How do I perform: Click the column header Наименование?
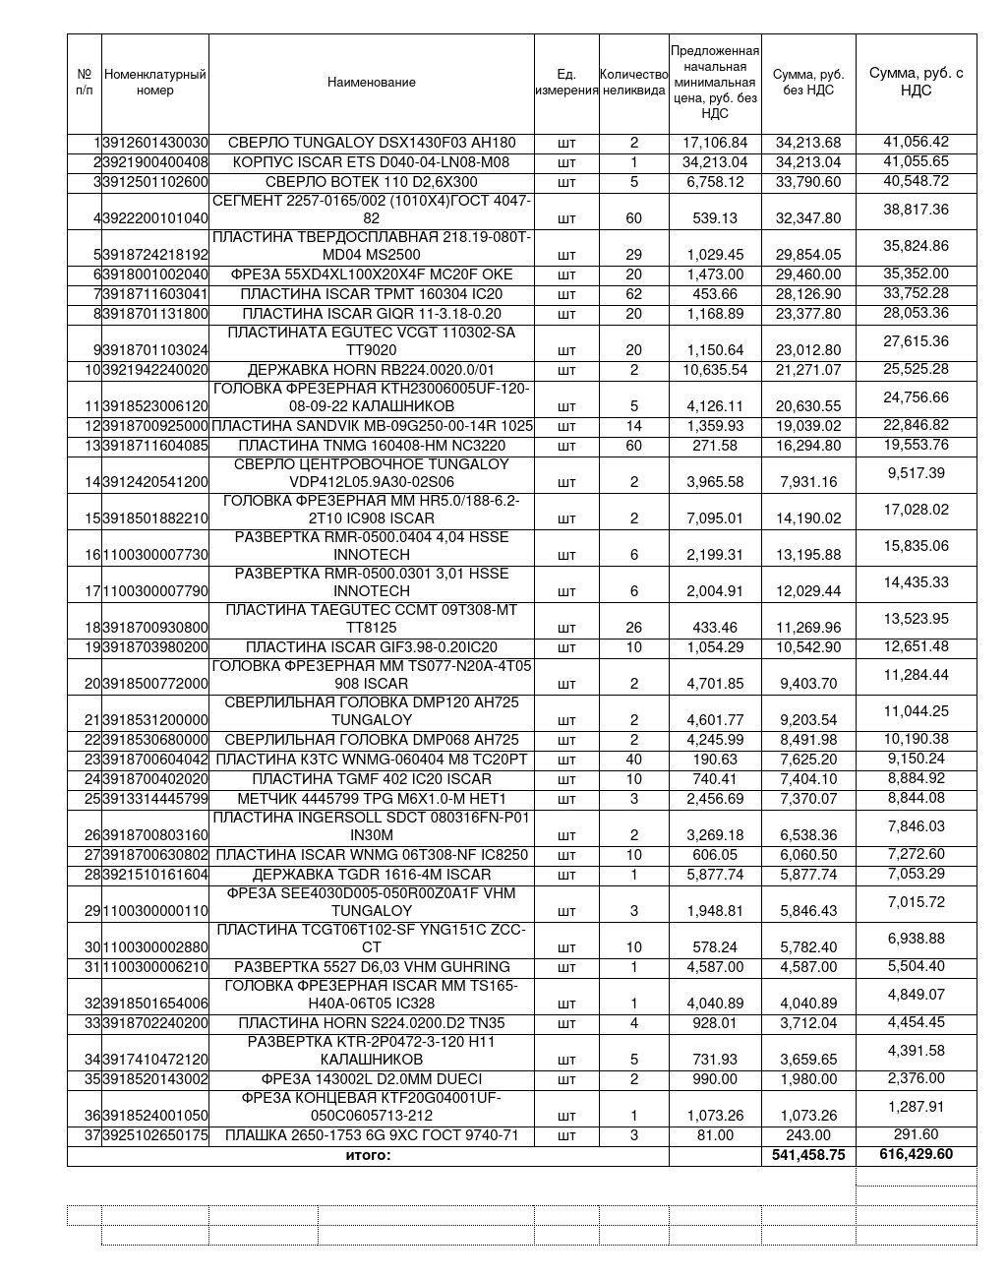pos(371,83)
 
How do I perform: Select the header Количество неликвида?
pos(633,83)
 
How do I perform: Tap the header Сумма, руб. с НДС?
pos(916,82)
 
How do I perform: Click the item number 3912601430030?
pos(155,143)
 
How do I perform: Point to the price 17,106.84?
pos(715,143)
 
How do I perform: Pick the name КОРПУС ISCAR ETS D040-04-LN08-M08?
pos(371,162)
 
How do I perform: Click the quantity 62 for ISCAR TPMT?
pos(633,294)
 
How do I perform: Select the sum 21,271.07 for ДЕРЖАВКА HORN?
pos(808,370)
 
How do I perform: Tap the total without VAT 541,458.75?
pos(808,1155)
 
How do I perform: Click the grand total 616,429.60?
pos(916,1154)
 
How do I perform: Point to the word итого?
pos(368,1155)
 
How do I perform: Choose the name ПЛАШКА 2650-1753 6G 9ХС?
pos(371,1135)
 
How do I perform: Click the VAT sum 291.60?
pos(916,1134)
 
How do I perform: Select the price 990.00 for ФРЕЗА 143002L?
pos(715,1079)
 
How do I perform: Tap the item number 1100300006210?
pos(155,967)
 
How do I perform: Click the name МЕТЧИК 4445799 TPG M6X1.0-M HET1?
pos(371,799)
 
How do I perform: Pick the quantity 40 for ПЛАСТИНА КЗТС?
pos(633,760)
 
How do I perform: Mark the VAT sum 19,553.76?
pos(916,445)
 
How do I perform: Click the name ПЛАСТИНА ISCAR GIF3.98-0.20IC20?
pos(371,647)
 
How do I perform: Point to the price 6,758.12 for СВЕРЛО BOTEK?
pos(715,182)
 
